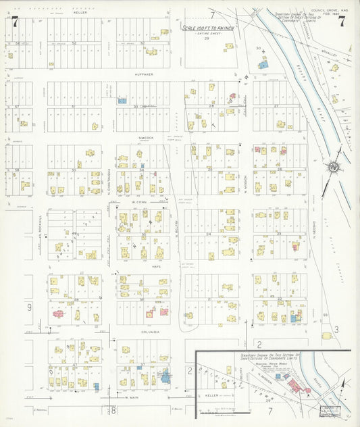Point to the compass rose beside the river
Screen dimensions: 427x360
click(x=334, y=167)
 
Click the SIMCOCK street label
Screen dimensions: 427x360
click(x=147, y=138)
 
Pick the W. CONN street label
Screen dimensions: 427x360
click(x=140, y=201)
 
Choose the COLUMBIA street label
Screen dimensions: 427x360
click(x=150, y=332)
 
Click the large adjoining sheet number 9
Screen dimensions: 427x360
click(x=29, y=307)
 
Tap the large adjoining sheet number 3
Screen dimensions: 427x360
click(x=335, y=329)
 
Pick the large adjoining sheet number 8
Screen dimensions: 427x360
click(x=113, y=409)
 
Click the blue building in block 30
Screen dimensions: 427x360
click(x=264, y=64)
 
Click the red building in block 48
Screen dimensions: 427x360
click(x=57, y=313)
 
